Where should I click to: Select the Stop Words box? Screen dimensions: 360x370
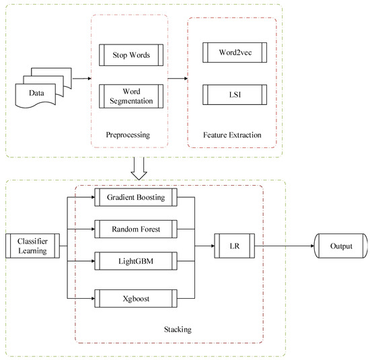coord(128,55)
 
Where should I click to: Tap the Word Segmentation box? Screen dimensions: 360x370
coord(128,95)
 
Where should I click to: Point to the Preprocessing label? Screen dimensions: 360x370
coord(128,135)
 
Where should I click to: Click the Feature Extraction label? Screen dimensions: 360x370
coord(231,135)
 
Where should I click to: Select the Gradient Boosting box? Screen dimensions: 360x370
coord(135,197)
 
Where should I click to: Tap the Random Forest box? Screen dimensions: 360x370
coord(135,228)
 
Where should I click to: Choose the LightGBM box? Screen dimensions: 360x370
coord(135,259)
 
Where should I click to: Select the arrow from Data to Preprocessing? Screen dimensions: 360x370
coord(81,78)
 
